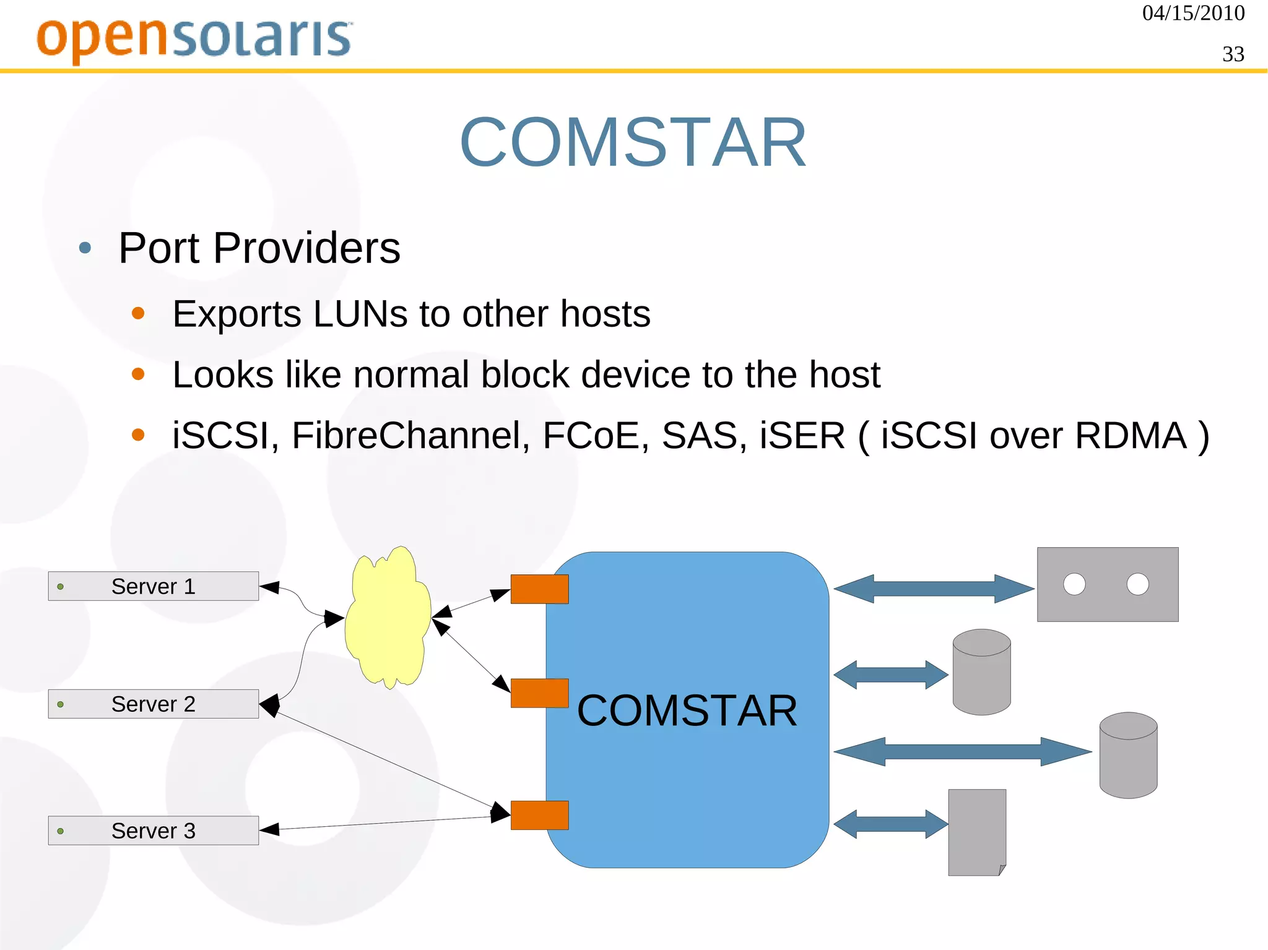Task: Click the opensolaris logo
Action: [x=194, y=38]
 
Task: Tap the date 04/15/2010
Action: [x=1193, y=14]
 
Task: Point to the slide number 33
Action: [x=1233, y=54]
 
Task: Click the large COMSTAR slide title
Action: [x=633, y=143]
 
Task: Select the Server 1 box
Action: [x=154, y=586]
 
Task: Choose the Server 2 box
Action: [x=154, y=704]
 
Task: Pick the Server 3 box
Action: [x=154, y=831]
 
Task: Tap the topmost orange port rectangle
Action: [x=539, y=589]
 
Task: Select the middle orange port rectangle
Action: [x=539, y=693]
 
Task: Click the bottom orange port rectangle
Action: [x=539, y=815]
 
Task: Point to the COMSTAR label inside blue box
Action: [x=687, y=710]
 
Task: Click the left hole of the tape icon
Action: [x=1074, y=584]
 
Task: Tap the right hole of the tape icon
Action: [x=1138, y=584]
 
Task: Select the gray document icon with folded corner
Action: [x=977, y=832]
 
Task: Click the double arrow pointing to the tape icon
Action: [x=934, y=589]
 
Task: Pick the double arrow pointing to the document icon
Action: [x=891, y=824]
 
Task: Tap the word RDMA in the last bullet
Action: [x=1131, y=436]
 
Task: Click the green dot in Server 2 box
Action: [x=60, y=704]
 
